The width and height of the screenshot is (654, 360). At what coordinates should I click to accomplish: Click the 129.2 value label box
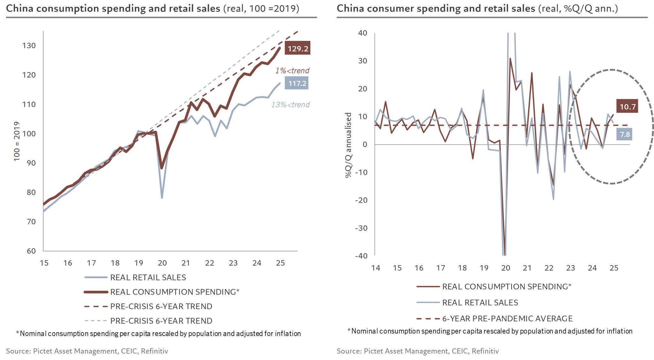297,48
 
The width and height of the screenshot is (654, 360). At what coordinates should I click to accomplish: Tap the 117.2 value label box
297,83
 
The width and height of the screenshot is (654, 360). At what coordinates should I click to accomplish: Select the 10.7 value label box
627,106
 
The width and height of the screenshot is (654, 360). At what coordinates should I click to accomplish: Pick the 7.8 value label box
624,134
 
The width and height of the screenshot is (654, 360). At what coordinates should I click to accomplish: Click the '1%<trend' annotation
292,71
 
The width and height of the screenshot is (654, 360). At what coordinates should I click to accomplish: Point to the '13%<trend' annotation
290,105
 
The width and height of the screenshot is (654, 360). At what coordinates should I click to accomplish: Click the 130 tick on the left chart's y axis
29,46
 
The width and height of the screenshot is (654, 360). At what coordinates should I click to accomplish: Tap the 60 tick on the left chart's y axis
31,251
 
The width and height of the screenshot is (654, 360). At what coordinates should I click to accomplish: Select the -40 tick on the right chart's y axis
361,256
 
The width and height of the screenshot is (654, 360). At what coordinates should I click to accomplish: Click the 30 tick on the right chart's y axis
363,61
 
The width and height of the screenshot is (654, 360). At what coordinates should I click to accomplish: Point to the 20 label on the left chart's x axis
162,263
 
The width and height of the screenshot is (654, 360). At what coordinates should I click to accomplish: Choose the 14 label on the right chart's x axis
376,268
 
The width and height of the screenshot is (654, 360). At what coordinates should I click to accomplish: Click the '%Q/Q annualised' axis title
348,145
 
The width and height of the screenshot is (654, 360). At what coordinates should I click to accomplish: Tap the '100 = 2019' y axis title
17,141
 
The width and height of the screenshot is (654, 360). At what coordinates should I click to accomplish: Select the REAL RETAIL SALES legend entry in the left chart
148,278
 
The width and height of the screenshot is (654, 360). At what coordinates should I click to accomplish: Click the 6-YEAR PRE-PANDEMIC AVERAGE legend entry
507,318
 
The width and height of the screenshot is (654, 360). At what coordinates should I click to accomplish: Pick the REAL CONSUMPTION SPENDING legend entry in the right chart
506,287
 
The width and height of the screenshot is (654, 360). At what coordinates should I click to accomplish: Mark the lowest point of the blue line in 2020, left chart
162,198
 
